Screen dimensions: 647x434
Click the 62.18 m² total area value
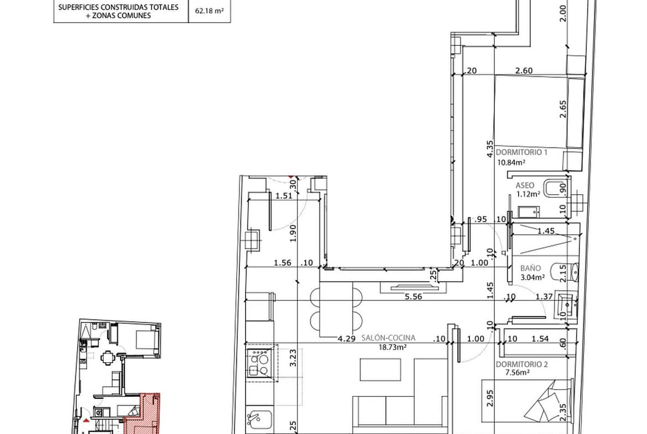coord(209,11)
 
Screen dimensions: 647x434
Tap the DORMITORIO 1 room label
coord(521,152)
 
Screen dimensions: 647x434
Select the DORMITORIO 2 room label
coord(521,364)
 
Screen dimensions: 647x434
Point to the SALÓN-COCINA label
coord(388,338)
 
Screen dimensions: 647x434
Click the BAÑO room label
coord(530,268)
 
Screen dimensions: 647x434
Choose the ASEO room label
coord(525,186)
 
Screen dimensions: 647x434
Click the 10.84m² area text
coord(511,163)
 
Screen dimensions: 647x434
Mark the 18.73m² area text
coord(393,347)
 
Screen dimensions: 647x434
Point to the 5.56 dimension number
coord(414,296)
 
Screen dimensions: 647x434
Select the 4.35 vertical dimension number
coord(490,149)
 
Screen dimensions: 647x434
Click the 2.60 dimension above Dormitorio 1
coord(524,71)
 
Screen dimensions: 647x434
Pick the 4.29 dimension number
coord(347,339)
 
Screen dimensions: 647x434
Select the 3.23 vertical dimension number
coord(293,358)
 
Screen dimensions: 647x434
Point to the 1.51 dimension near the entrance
coord(284,196)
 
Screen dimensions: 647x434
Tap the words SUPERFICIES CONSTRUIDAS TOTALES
coord(118,7)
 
